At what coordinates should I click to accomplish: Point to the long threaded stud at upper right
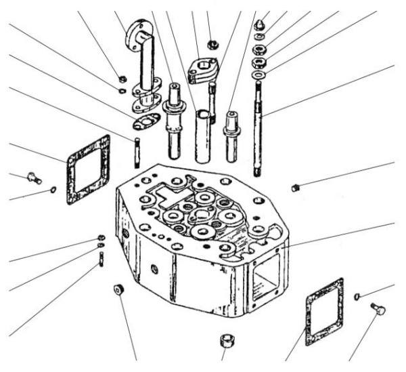pos(259,122)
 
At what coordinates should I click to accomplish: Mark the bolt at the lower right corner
pos(377,310)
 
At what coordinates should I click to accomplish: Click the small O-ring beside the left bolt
pos(52,190)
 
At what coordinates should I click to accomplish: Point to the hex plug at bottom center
pos(226,338)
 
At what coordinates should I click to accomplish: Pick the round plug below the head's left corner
pos(119,290)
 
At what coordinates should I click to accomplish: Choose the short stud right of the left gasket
pos(136,152)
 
